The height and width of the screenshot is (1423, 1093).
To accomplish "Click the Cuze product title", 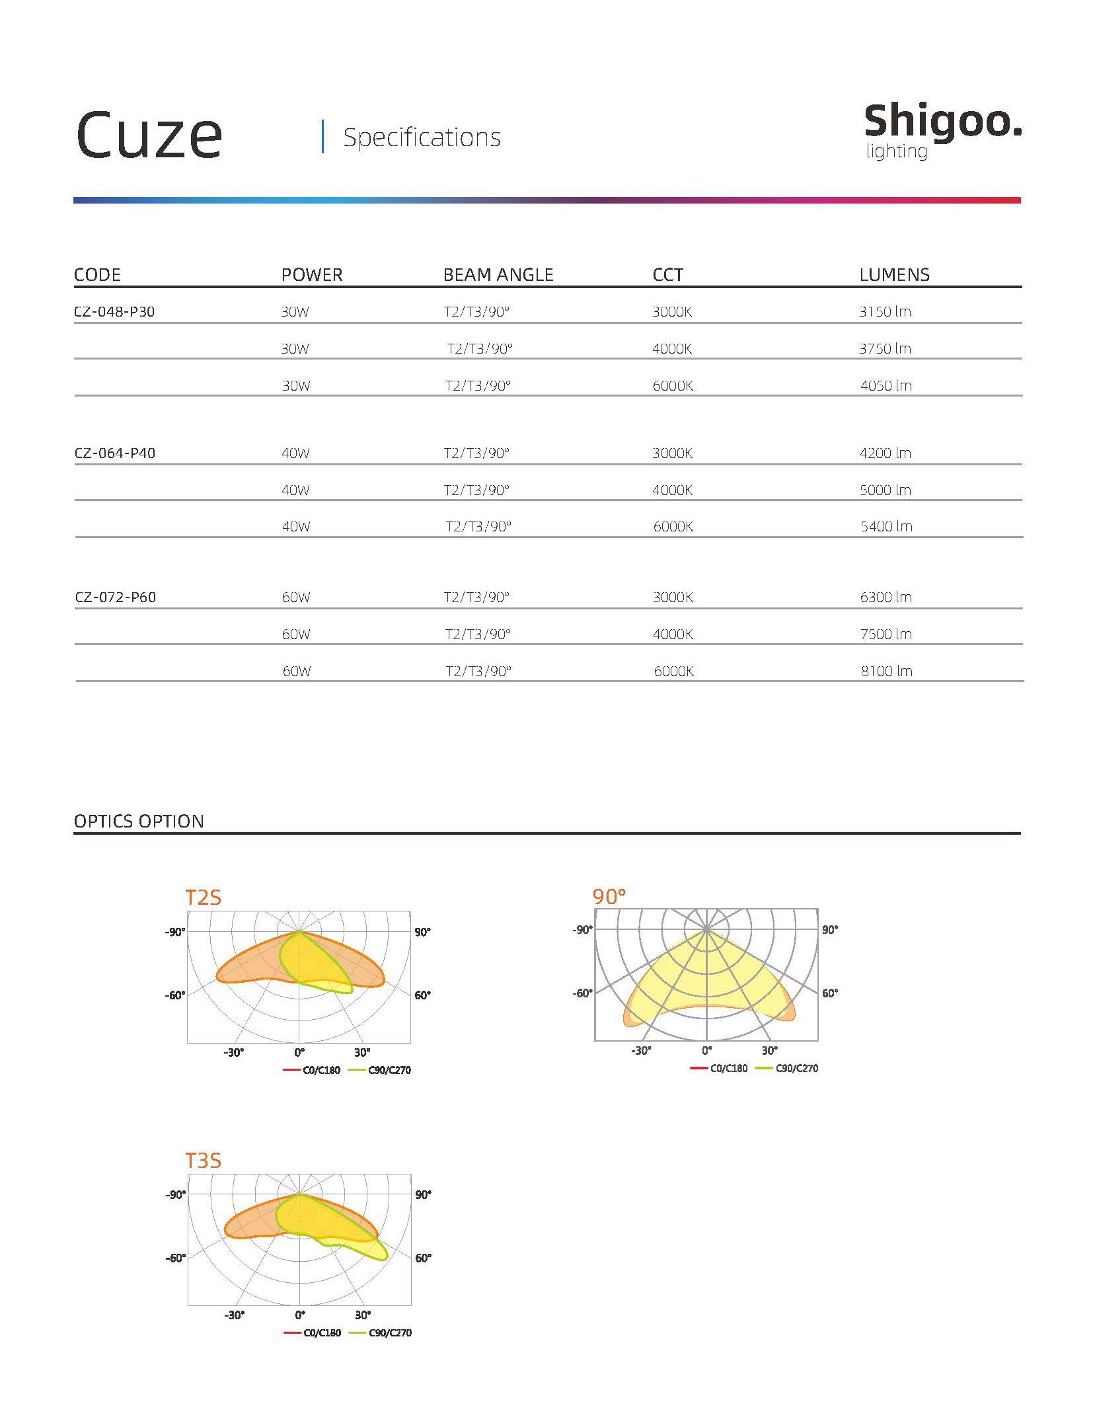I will (149, 135).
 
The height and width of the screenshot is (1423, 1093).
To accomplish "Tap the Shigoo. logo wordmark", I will (942, 122).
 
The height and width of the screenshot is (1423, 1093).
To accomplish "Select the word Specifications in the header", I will (422, 137).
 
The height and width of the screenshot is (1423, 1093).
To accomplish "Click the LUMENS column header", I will (894, 275).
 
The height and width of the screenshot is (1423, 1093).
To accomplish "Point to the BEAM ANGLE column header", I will (498, 275).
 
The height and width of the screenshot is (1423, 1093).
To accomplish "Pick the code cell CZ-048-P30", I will (114, 312).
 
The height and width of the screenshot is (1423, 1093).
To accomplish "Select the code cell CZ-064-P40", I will (115, 453).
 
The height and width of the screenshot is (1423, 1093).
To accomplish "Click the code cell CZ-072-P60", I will (116, 597).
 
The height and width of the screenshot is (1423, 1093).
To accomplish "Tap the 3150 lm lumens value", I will (885, 312).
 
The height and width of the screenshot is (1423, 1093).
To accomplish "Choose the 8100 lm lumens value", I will (886, 672).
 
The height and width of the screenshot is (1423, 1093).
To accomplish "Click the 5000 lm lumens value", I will (886, 490).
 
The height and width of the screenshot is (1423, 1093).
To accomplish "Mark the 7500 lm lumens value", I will (886, 635).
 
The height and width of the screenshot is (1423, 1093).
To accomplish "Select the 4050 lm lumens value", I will (886, 386).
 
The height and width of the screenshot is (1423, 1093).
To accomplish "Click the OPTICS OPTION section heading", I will (139, 822).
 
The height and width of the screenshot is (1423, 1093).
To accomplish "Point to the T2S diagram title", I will (203, 898).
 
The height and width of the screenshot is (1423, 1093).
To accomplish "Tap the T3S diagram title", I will (203, 1160).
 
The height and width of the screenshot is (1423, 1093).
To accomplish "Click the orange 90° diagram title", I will (609, 897).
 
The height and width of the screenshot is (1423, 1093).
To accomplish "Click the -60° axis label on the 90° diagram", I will (582, 993).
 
